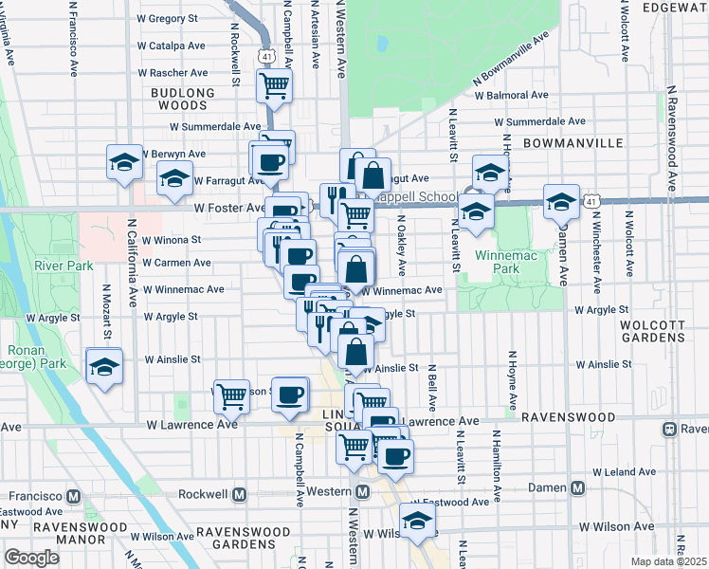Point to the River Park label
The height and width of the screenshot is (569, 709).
click(63, 266)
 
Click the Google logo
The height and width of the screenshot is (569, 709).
click(31, 558)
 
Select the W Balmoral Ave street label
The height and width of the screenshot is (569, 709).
click(512, 95)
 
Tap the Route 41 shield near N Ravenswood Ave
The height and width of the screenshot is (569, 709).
click(592, 202)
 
